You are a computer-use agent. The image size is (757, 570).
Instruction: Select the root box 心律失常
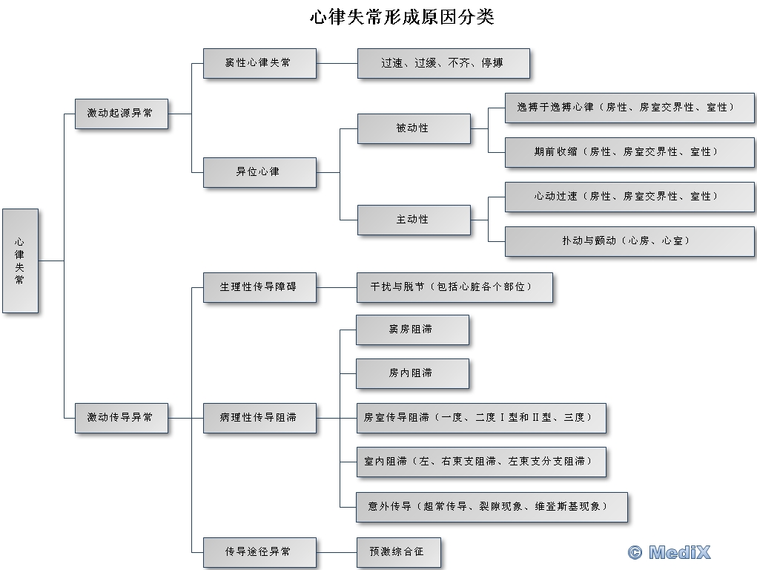point(20,261)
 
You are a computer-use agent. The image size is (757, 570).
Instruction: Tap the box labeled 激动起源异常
point(121,114)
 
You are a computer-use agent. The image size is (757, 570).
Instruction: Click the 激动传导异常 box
point(121,418)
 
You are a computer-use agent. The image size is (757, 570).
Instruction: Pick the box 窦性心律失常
point(260,63)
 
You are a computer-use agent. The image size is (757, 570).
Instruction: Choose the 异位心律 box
point(260,171)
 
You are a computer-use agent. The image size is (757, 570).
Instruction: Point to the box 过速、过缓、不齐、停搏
point(443,63)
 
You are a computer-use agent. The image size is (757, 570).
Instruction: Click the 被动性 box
point(414,128)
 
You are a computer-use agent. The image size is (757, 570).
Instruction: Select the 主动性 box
point(414,220)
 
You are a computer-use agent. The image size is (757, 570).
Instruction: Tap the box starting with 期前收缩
point(629,151)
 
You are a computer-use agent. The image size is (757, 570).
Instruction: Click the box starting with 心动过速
point(629,197)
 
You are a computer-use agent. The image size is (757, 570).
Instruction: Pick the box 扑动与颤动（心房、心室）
point(629,241)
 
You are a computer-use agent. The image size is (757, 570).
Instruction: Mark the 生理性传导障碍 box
point(260,286)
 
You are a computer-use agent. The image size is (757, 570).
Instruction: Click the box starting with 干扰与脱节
point(454,286)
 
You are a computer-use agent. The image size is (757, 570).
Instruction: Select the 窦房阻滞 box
point(412,330)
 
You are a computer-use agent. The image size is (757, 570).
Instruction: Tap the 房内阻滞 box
point(412,373)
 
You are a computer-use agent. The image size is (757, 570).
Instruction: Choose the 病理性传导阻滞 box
point(260,418)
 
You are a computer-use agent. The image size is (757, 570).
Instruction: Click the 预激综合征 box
point(399,552)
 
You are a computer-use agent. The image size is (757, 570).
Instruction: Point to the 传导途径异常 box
point(260,552)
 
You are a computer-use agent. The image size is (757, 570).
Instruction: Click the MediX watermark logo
point(670,552)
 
